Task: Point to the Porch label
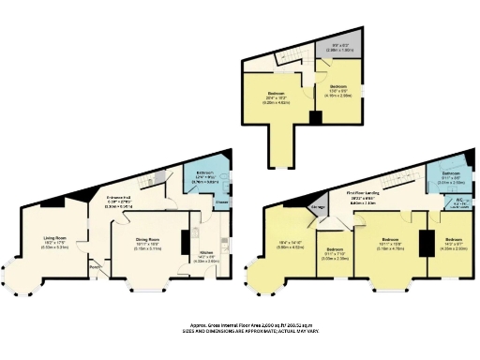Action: [x=94, y=265]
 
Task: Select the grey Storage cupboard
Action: [x=320, y=208]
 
